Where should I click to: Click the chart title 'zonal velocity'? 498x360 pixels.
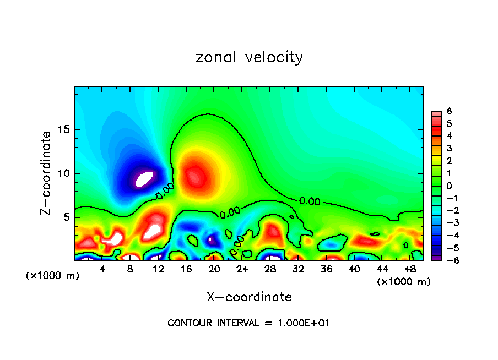249,57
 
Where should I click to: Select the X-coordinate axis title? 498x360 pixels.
249,297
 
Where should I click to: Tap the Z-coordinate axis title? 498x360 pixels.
46,173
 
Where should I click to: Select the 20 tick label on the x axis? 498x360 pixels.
214,270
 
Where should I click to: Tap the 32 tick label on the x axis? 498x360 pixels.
298,270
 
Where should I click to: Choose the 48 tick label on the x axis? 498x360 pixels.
410,270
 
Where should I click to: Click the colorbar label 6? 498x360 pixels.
449,111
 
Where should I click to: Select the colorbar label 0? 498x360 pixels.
449,186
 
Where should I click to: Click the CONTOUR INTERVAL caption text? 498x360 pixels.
248,323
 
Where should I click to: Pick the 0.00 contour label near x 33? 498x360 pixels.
310,201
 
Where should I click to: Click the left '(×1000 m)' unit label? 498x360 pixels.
52,276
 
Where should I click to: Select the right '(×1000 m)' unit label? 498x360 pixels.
403,282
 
